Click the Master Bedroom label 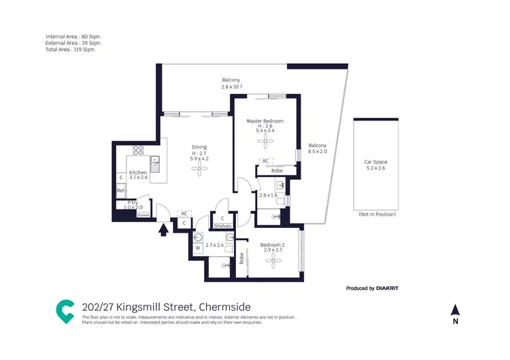point(265,121)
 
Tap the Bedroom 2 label point(273,244)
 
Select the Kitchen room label point(138,173)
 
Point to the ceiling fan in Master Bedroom point(265,141)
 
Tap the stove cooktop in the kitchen point(138,150)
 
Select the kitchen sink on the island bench point(156,163)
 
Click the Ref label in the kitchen point(120,191)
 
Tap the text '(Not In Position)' point(377,214)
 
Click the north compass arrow point(456,310)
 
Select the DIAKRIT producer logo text point(388,289)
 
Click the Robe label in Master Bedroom point(277,171)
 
